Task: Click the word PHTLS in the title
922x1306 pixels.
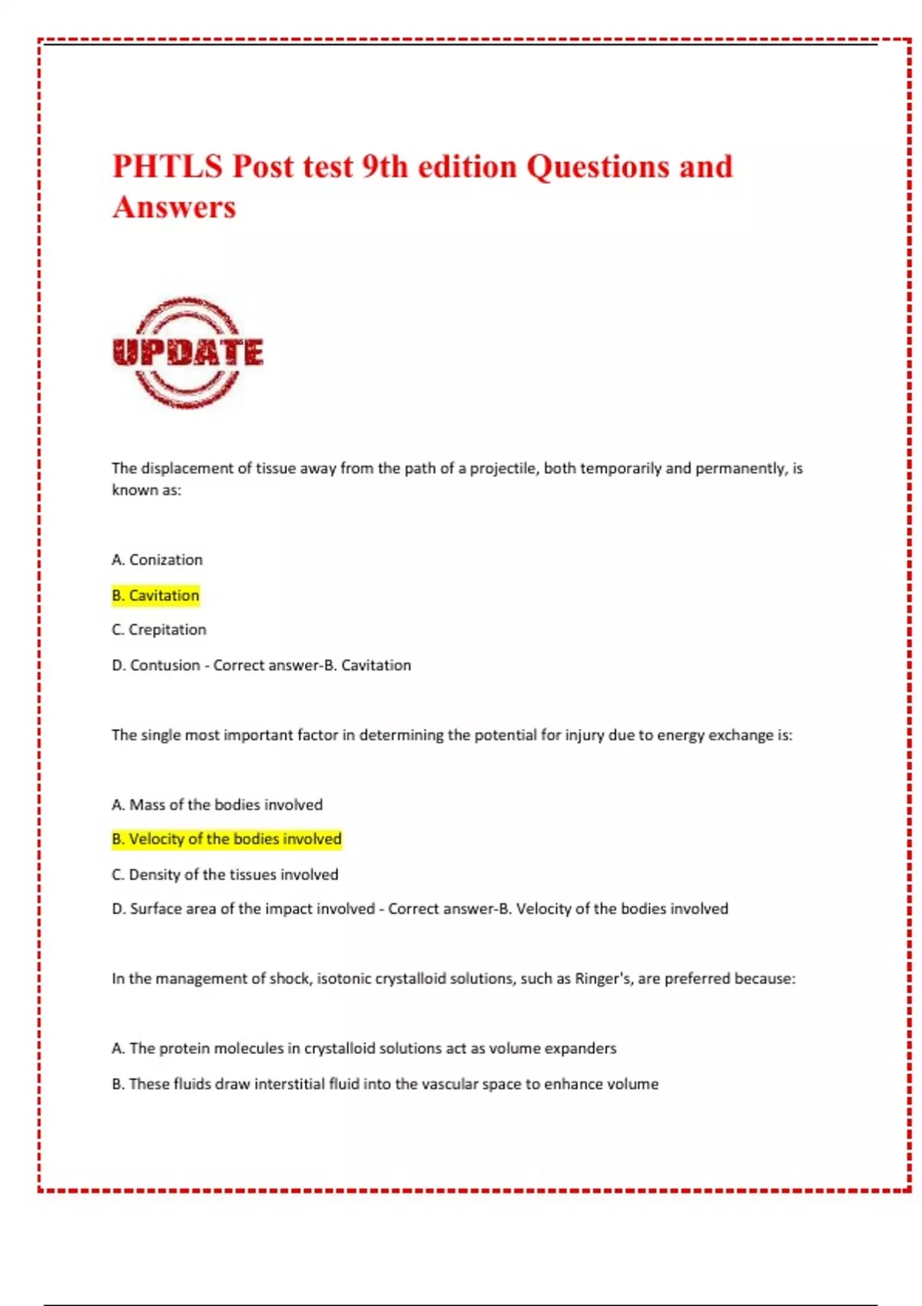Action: (x=167, y=167)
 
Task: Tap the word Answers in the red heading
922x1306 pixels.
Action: (x=174, y=207)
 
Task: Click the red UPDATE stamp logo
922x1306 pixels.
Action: (x=187, y=353)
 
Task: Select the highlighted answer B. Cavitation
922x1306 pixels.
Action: (x=156, y=595)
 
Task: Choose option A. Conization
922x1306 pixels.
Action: (x=158, y=560)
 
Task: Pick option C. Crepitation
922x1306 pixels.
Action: (x=159, y=630)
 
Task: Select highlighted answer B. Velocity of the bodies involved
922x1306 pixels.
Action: (x=227, y=839)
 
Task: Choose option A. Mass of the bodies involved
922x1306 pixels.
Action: (x=217, y=804)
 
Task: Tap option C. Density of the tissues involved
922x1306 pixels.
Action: (x=225, y=874)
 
